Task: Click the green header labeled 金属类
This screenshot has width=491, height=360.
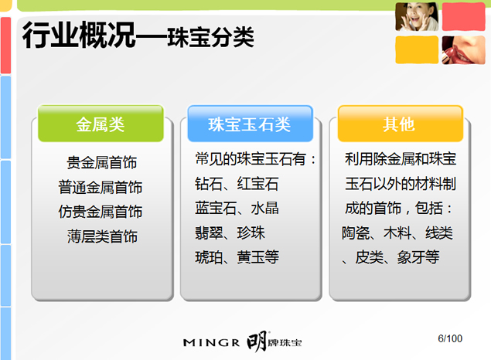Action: click(101, 124)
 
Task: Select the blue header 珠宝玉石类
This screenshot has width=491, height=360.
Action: click(249, 124)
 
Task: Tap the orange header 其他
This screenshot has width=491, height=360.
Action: click(399, 124)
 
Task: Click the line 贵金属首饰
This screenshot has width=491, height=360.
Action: click(101, 163)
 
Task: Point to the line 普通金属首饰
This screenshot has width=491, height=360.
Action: click(101, 187)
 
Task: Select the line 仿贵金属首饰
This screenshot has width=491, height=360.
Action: click(101, 212)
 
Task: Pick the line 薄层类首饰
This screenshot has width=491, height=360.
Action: click(101, 236)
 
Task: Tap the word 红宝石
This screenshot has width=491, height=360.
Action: click(258, 184)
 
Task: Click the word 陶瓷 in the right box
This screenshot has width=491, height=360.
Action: click(356, 233)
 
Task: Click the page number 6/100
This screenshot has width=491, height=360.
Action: click(449, 338)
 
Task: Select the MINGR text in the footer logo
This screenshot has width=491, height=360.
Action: click(210, 341)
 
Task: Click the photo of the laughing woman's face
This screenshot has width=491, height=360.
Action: click(416, 17)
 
